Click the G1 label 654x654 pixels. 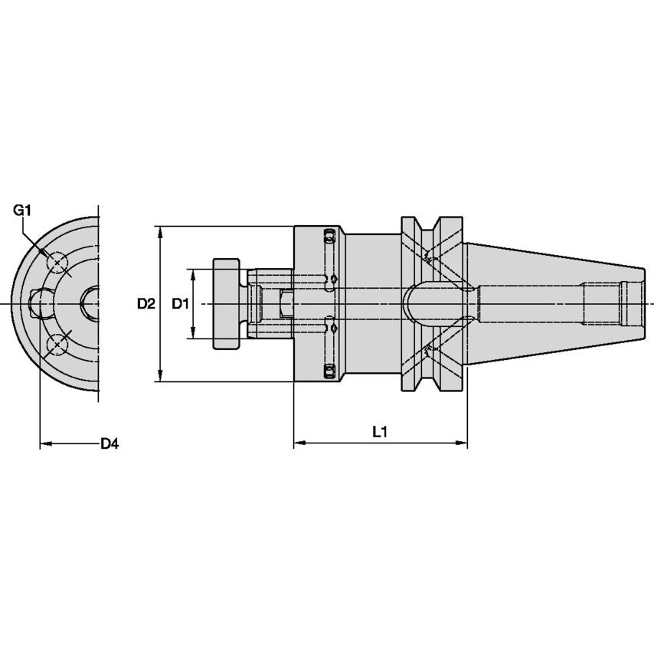click(x=21, y=209)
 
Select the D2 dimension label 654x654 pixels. click(x=146, y=304)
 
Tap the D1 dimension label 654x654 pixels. click(x=180, y=304)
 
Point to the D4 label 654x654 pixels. click(x=110, y=443)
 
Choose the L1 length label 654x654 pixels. click(x=380, y=432)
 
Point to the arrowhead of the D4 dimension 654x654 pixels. click(x=45, y=443)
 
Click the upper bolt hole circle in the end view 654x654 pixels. click(x=58, y=263)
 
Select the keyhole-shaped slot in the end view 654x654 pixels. click(x=39, y=305)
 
